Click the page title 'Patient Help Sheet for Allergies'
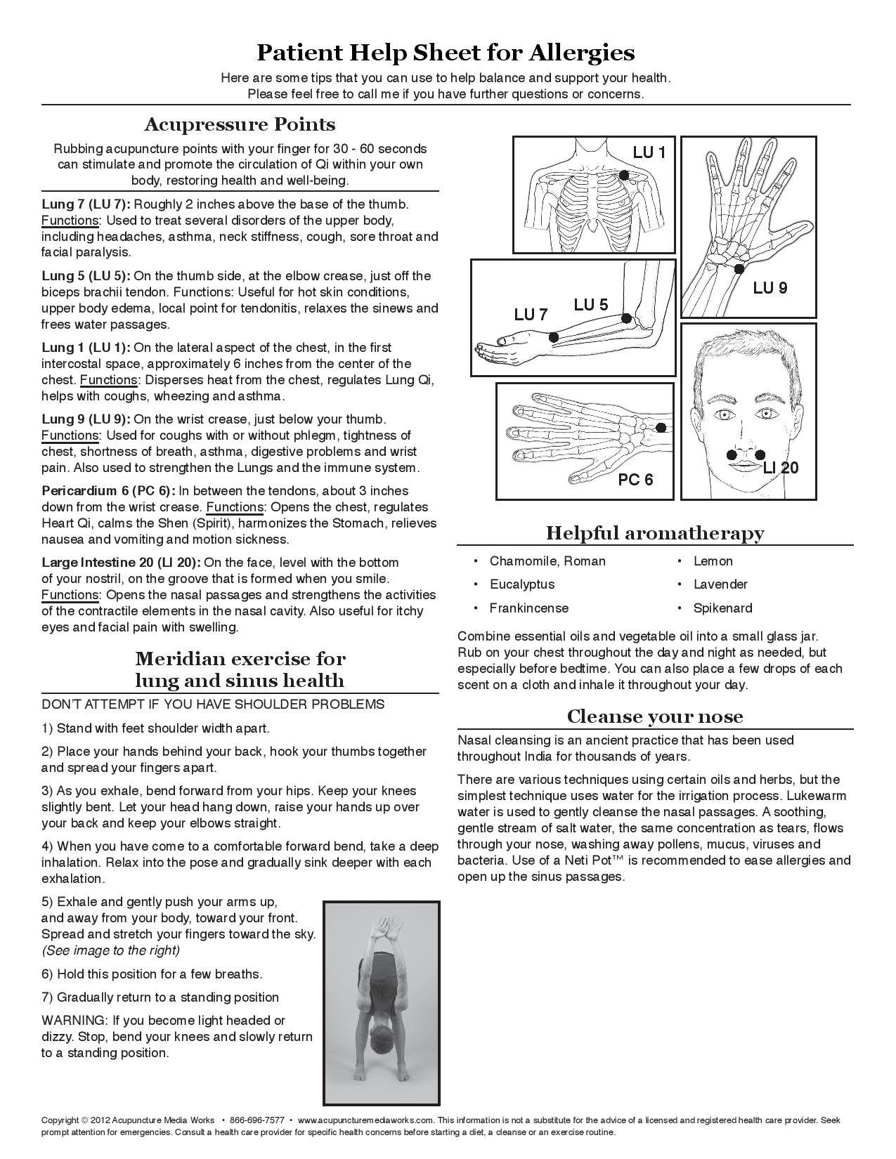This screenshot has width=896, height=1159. coord(446,53)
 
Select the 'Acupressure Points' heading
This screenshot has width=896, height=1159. coord(240,124)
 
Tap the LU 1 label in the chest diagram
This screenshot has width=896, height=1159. coord(648,152)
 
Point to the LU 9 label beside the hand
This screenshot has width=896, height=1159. coord(770,287)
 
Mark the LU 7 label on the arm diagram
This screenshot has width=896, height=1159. coord(531,315)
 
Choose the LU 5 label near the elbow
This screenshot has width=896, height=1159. coord(590,304)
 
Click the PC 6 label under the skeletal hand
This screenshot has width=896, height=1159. coord(635,480)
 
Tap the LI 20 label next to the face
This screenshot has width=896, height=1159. coord(781,468)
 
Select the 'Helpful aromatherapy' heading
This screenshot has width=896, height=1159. coord(654,533)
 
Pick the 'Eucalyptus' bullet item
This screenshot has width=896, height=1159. coord(522,584)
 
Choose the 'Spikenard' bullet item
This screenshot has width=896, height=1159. coord(722,608)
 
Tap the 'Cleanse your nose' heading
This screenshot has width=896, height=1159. coord(654,716)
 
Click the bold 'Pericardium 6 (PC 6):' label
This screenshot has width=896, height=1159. coord(108,491)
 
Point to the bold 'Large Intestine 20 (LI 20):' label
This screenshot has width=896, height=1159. coord(122,563)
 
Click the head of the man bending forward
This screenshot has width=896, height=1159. coord(379,1038)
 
